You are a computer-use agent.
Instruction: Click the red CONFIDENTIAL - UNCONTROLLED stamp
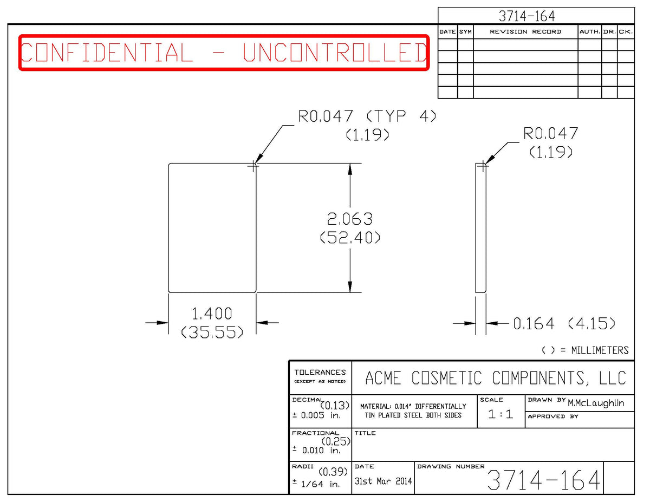(224, 53)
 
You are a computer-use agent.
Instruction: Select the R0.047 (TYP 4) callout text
(367, 116)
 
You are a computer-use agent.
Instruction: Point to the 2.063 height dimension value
(350, 219)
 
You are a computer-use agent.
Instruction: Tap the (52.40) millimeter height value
(350, 238)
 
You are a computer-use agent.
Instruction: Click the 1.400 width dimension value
(212, 314)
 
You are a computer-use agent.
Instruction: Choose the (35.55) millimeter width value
(212, 332)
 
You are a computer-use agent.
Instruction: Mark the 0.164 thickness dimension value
(534, 323)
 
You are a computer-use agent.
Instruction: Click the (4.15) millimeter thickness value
(591, 323)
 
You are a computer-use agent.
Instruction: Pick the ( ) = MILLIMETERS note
(585, 350)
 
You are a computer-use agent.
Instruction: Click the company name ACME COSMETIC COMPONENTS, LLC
(495, 377)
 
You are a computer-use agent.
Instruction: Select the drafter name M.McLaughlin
(595, 403)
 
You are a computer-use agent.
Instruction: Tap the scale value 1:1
(500, 414)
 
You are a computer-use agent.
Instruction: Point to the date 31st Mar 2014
(383, 481)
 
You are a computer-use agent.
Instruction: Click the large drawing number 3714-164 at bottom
(543, 480)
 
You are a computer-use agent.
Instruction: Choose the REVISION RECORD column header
(525, 32)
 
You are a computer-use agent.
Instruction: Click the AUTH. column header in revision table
(589, 32)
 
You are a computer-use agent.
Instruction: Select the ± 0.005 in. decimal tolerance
(316, 415)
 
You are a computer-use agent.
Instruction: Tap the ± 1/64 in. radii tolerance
(316, 484)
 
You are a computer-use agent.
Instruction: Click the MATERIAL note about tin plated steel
(413, 411)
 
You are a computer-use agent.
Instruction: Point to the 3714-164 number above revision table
(526, 16)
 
